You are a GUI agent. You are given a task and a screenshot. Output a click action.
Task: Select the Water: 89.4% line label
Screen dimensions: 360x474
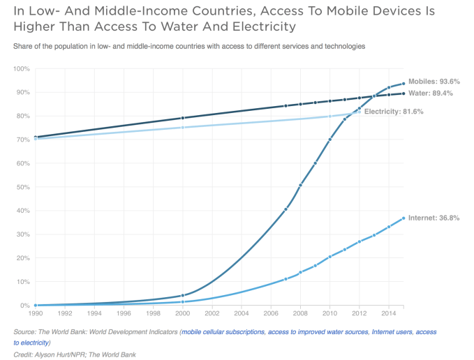434,93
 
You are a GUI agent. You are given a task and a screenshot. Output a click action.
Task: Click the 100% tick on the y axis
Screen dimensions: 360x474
20,69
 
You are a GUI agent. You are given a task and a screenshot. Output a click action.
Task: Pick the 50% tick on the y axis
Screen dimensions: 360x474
22,187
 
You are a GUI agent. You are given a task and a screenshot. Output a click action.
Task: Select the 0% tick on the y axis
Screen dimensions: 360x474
24,306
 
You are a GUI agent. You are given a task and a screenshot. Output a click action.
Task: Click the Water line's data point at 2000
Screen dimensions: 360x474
182,118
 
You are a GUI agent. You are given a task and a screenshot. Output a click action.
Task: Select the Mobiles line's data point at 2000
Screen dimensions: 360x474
182,296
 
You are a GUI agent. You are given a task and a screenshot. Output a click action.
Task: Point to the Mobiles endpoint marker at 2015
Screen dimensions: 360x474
403,84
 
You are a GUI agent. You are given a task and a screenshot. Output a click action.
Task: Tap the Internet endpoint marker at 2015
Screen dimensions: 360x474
403,218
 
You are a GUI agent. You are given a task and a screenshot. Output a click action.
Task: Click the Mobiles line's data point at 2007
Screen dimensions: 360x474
286,209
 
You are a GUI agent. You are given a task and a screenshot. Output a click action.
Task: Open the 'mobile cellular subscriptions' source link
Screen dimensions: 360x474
223,333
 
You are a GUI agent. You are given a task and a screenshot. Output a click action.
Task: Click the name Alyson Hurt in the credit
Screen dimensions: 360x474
60,355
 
